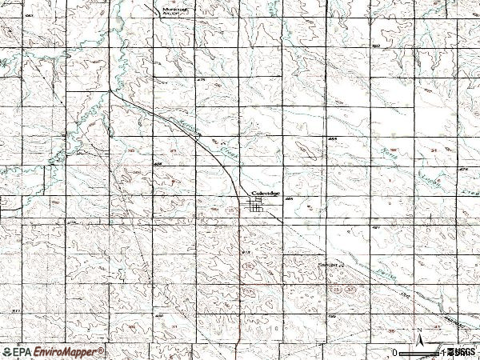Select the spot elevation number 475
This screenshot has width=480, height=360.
[201, 80]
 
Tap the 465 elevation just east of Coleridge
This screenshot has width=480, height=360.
[289, 200]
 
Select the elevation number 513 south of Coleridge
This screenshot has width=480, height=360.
[246, 252]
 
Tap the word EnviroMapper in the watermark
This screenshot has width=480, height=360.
[67, 351]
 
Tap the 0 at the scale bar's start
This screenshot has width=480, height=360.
[394, 351]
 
